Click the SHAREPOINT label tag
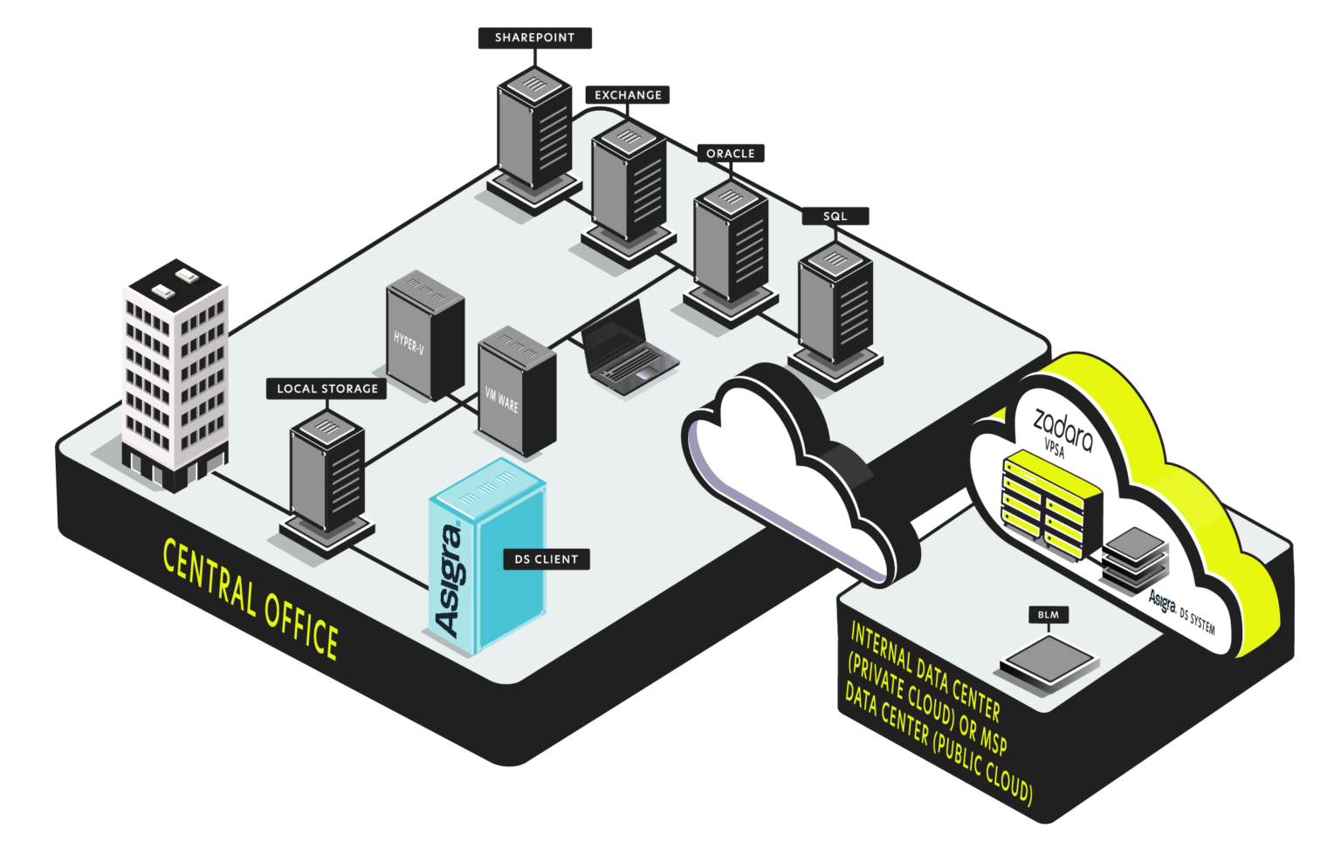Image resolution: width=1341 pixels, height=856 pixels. (534, 38)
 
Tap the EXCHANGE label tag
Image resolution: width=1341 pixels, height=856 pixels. (628, 95)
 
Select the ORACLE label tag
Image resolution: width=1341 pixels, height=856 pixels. (730, 154)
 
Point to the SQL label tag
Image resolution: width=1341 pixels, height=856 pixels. (835, 216)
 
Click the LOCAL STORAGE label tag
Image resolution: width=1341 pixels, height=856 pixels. (327, 388)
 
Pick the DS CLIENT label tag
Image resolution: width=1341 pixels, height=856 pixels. (546, 559)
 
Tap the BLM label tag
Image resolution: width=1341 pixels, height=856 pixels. (1048, 615)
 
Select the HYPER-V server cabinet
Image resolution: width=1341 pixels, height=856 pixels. (424, 336)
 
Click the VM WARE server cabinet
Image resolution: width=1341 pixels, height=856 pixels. (517, 393)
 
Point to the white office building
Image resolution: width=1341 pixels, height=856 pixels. (175, 371)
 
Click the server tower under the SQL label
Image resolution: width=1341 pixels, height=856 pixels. (836, 305)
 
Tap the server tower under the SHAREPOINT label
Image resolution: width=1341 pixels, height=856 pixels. (534, 131)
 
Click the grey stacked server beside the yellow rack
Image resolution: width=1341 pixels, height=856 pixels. (1135, 558)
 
